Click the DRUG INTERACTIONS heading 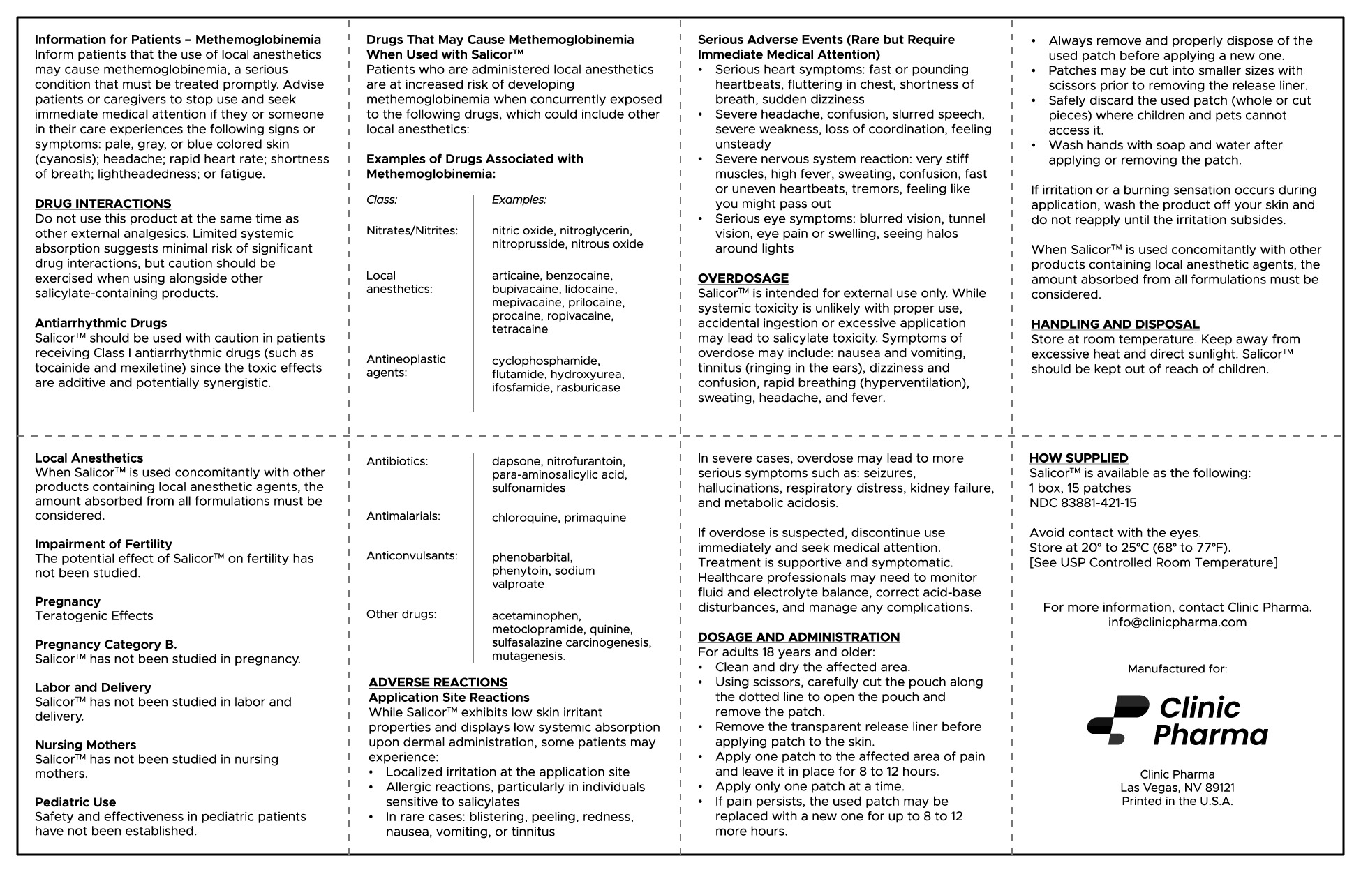[103, 204]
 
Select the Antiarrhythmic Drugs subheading [101, 323]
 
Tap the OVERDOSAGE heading [743, 278]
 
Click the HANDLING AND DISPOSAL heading [1115, 324]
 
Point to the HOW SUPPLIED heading [1078, 458]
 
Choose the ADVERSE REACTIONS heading [438, 683]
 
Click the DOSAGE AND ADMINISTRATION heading [798, 637]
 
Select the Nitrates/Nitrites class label [412, 231]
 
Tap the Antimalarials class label [403, 516]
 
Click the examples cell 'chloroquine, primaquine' [558, 518]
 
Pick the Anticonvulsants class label [412, 556]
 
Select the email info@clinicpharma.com [1177, 622]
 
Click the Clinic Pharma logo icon [1117, 719]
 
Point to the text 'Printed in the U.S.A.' [1177, 802]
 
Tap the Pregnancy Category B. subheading [105, 645]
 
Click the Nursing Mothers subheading [85, 745]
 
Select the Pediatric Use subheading [75, 802]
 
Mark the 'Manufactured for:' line [1177, 669]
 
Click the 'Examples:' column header [519, 200]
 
